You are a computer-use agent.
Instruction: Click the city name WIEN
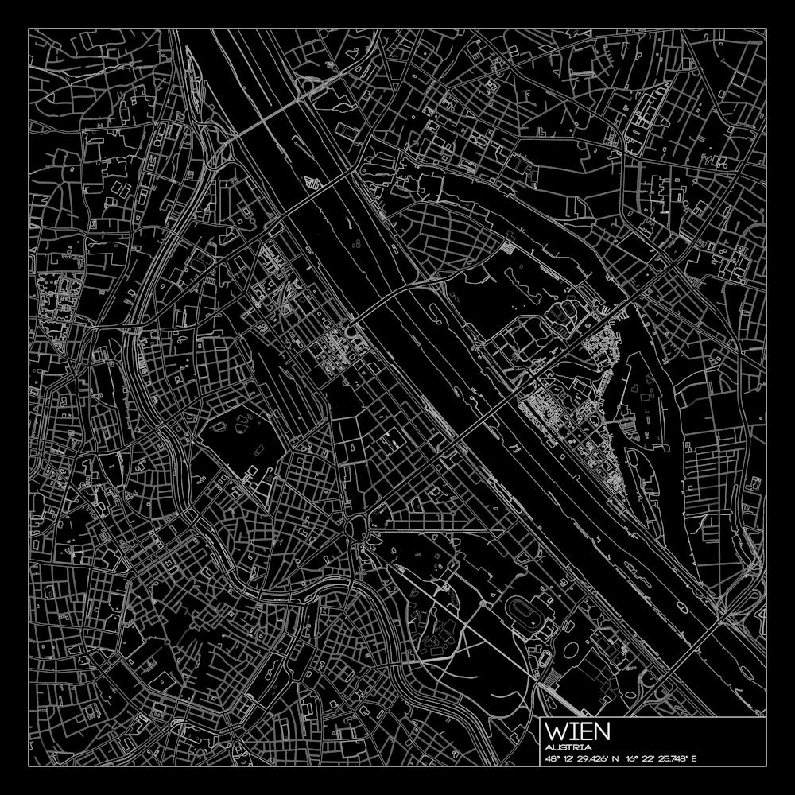(578, 731)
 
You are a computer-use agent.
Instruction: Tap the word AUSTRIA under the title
(568, 748)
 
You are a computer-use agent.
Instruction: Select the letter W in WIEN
(557, 731)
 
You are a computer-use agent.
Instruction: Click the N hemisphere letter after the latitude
(615, 758)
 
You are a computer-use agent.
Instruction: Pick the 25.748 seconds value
(674, 758)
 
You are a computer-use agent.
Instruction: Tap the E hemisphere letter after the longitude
(694, 758)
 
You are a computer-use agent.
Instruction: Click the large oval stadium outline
(522, 613)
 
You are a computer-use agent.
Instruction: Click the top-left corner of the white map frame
(29, 29)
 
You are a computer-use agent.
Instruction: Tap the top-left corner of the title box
(541, 719)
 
